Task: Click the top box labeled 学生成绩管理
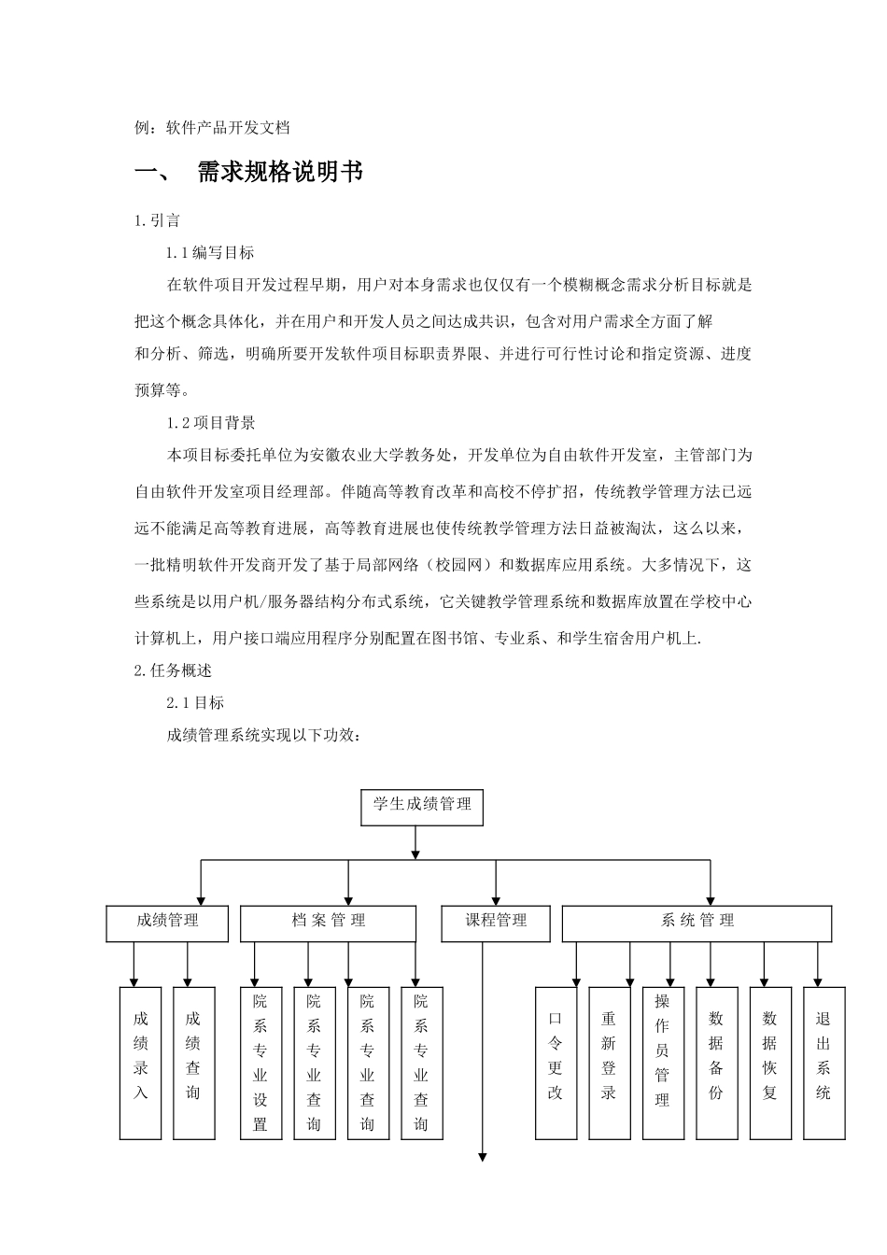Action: [422, 807]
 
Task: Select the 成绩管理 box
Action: [167, 923]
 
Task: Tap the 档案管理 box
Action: [328, 923]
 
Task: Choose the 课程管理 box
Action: [496, 923]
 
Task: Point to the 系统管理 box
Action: [697, 923]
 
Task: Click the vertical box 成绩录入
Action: [141, 1062]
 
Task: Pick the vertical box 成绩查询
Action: [194, 1062]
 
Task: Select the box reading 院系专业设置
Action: [260, 1062]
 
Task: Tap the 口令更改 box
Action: [556, 1062]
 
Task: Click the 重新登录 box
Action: [609, 1062]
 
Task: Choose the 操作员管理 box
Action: [663, 1062]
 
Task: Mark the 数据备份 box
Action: [716, 1062]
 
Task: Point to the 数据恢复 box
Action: [770, 1062]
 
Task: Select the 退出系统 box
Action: [824, 1062]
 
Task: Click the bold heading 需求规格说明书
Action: [280, 173]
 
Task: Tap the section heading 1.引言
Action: [159, 221]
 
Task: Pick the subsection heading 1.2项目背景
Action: [211, 423]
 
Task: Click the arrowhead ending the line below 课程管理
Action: [483, 1157]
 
